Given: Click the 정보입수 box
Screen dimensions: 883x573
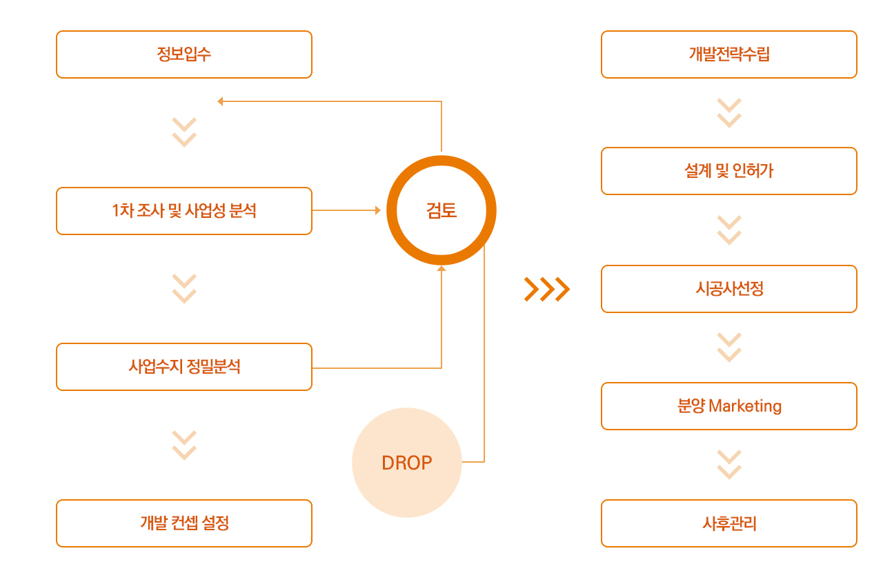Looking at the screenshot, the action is click(184, 54).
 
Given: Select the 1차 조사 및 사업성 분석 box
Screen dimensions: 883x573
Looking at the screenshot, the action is click(184, 211).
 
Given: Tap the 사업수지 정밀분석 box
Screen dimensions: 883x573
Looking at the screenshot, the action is click(184, 367).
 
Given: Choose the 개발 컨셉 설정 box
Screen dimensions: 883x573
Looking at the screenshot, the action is click(184, 523).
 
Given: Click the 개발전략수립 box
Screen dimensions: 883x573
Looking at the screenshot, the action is click(729, 54).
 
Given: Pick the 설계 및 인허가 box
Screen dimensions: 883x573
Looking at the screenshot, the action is click(729, 171).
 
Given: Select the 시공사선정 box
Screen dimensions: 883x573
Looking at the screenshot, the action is click(729, 289).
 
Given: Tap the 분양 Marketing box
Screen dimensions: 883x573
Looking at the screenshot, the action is click(729, 406).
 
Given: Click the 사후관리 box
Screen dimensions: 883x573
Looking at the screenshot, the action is click(729, 523).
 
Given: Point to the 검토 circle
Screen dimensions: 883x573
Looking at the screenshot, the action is click(441, 210).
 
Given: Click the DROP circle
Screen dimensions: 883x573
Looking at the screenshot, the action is click(407, 463).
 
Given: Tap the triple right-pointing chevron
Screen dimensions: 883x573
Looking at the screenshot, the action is click(547, 290).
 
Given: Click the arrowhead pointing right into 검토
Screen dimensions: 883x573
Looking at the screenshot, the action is click(377, 210).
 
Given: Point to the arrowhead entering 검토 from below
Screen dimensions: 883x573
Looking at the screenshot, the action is click(441, 268).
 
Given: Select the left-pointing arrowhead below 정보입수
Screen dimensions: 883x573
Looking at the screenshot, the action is click(220, 101).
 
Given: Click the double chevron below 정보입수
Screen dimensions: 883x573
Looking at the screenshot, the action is click(184, 132).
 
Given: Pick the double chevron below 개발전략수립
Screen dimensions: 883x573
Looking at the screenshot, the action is click(729, 113).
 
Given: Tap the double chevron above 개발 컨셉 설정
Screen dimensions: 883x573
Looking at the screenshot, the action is click(184, 445).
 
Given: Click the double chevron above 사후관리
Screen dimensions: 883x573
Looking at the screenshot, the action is click(729, 465).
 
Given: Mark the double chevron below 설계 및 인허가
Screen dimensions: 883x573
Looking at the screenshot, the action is click(729, 230).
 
